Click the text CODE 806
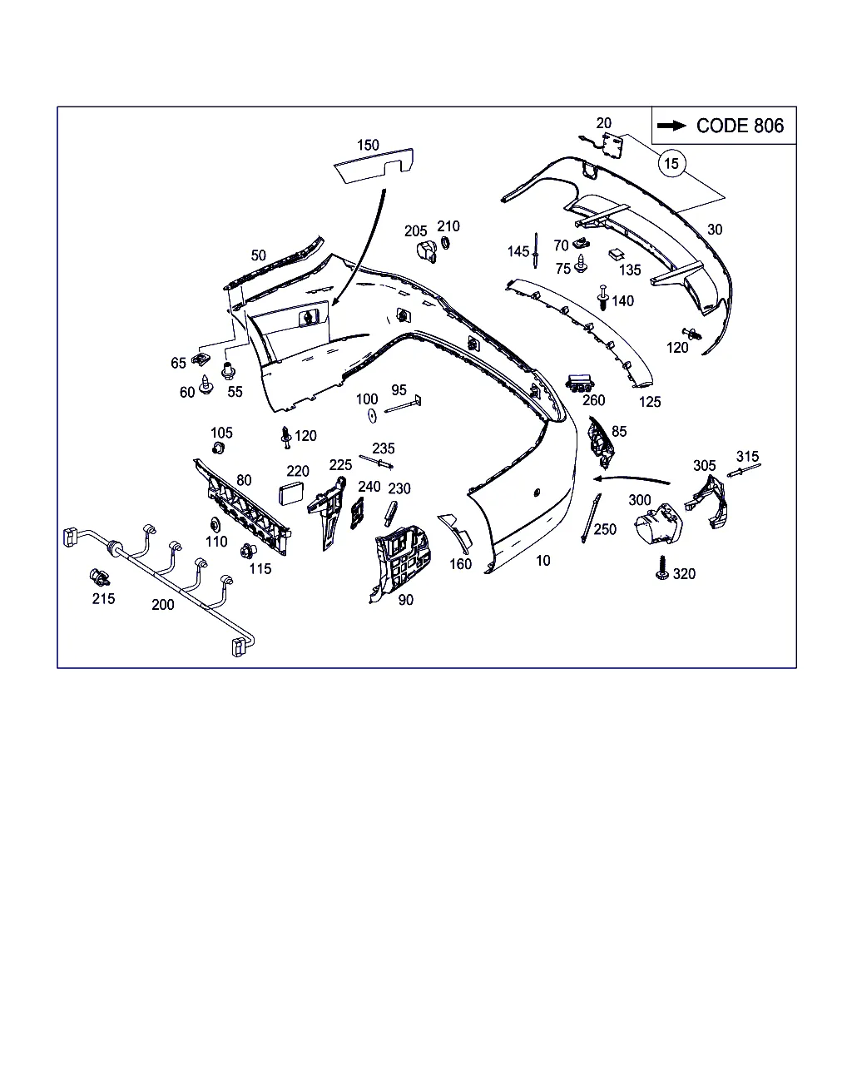click(x=740, y=126)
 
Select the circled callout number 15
click(x=671, y=163)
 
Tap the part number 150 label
click(x=368, y=145)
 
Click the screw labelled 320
click(x=664, y=568)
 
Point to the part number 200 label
click(x=163, y=605)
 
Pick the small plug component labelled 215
click(x=100, y=577)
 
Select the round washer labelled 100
click(x=372, y=414)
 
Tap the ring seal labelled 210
click(x=445, y=243)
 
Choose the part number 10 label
click(x=542, y=561)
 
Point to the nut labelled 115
click(x=247, y=551)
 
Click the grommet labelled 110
click(x=213, y=524)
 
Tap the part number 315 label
click(x=747, y=456)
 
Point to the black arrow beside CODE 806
click(x=671, y=126)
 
